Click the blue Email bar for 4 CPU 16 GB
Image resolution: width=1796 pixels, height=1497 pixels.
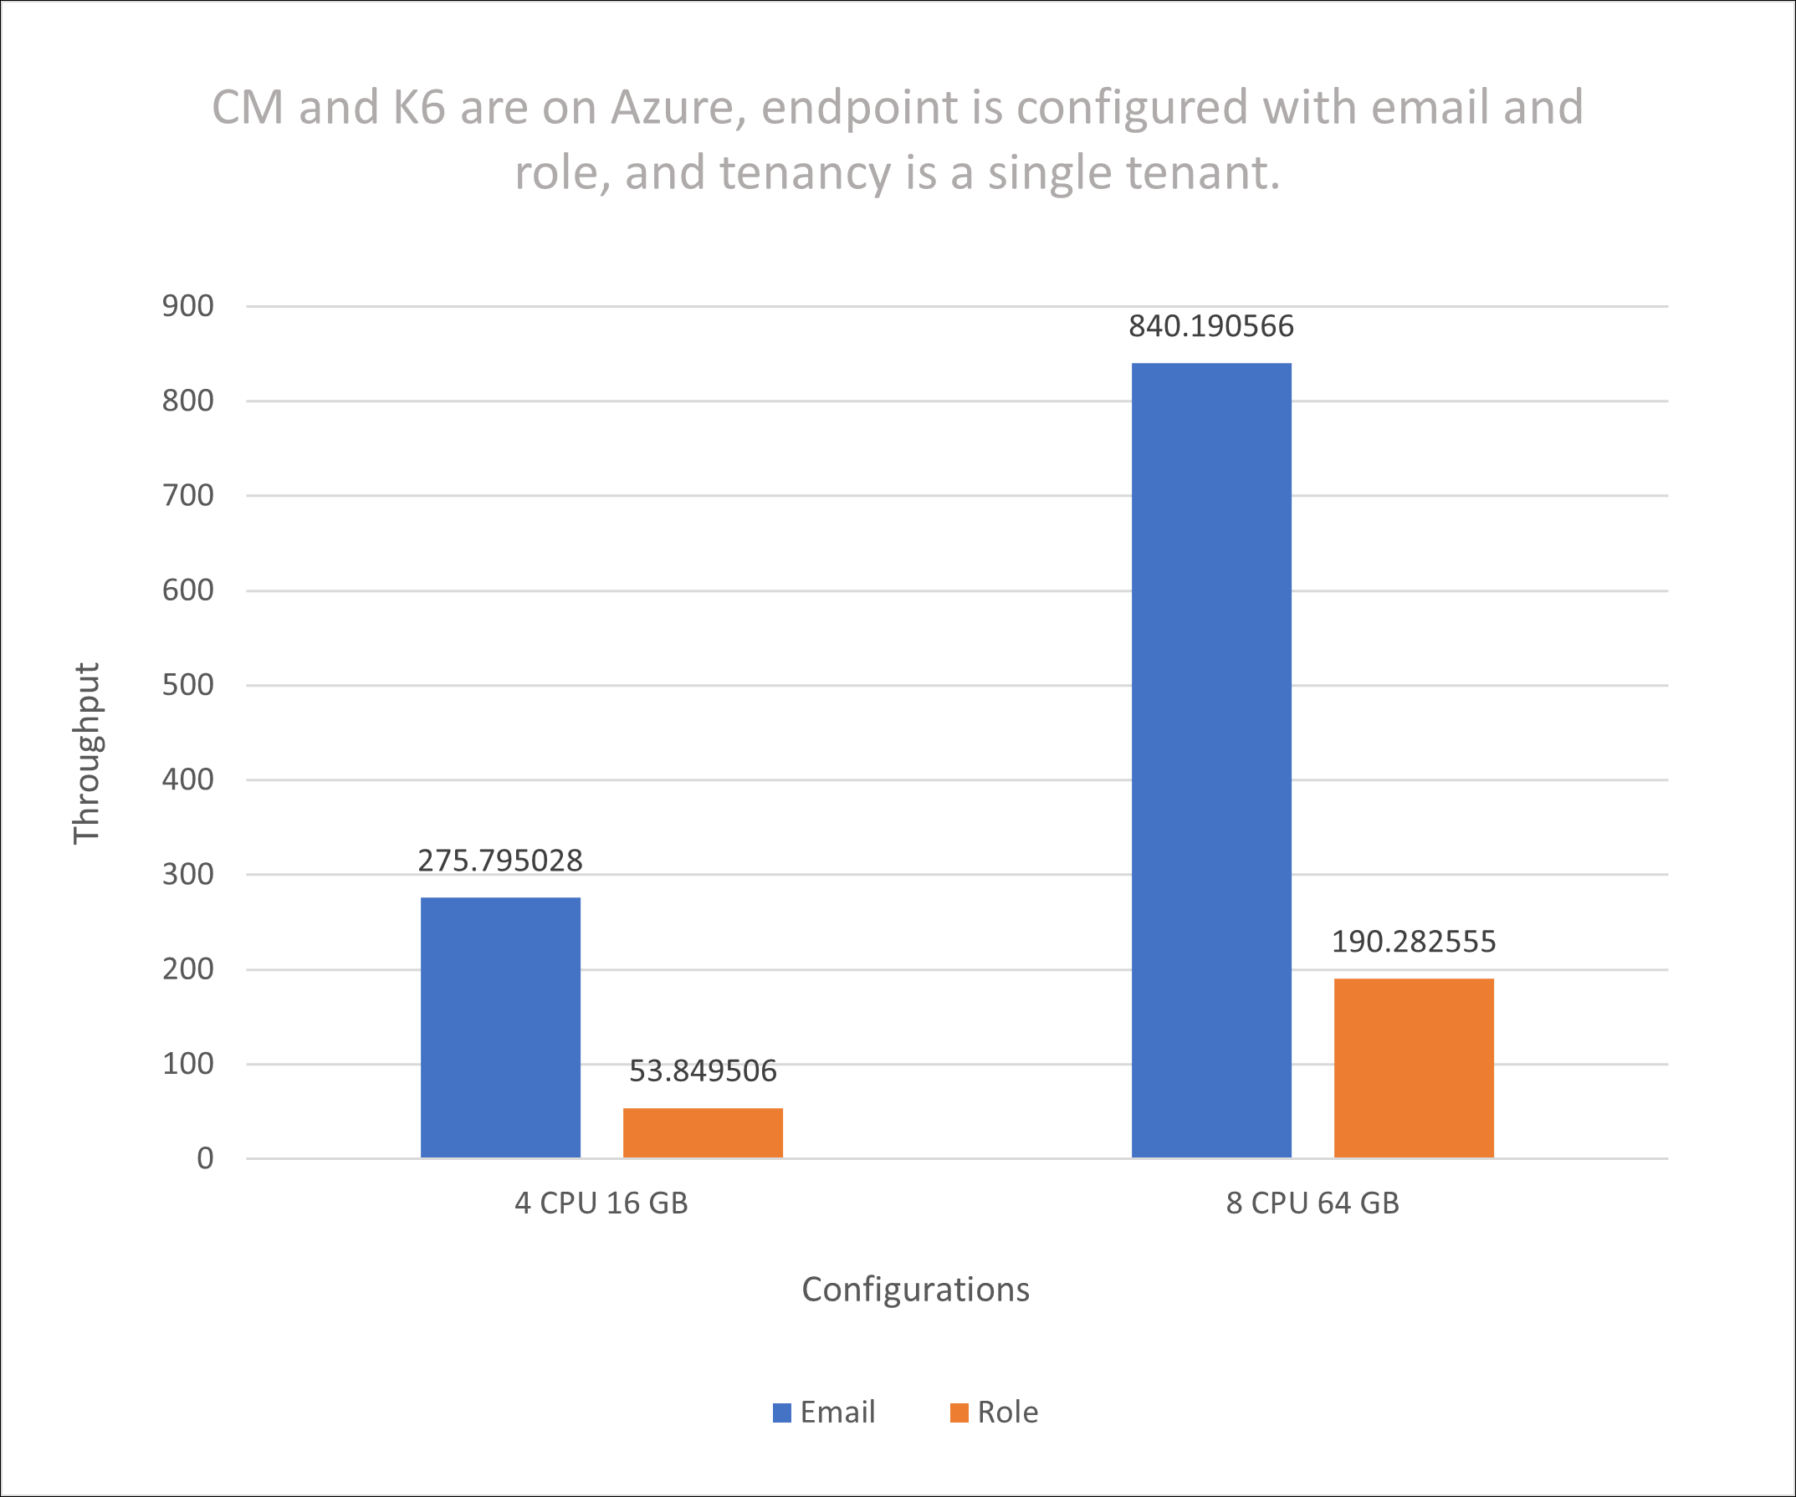pos(500,1028)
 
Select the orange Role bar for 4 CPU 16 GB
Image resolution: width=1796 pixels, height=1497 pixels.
pos(703,1133)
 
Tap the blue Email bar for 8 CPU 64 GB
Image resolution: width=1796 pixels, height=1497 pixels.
pos(1211,761)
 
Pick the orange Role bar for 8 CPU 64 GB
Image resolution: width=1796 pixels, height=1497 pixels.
pos(1414,1068)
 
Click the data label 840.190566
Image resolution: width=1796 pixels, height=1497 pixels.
pos(1211,325)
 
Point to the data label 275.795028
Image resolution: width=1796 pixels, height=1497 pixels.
pos(500,860)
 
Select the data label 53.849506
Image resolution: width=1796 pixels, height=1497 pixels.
pos(703,1070)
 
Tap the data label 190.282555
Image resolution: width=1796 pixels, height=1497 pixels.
pos(1414,942)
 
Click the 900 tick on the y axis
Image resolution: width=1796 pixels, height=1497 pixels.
pos(188,306)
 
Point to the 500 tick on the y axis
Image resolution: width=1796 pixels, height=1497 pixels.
pos(188,685)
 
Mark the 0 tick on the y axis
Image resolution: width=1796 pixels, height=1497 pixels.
pos(205,1158)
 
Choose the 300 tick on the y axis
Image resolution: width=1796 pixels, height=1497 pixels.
pos(188,874)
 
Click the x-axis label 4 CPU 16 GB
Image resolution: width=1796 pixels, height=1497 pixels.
pos(601,1203)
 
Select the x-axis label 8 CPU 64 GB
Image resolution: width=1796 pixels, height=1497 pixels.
pos(1312,1203)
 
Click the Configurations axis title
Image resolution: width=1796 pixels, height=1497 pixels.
pos(915,1290)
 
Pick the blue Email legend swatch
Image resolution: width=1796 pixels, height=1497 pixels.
pos(781,1413)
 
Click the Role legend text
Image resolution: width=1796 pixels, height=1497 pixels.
pos(1007,1413)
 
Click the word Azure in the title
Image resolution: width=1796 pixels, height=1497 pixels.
pos(678,109)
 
